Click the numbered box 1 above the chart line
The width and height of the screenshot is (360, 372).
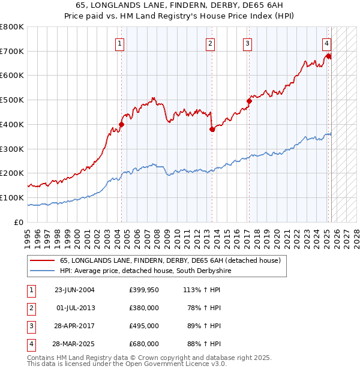click(x=121, y=43)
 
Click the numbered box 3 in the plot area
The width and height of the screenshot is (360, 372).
click(x=247, y=43)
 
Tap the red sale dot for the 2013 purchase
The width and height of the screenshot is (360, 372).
click(x=212, y=129)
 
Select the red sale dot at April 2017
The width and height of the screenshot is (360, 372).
click(x=249, y=101)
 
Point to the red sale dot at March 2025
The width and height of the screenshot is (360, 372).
click(x=328, y=56)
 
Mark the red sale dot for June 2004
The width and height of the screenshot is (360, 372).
click(x=121, y=124)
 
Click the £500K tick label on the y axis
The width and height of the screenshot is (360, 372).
click(x=11, y=100)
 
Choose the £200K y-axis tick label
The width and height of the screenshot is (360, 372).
click(x=11, y=173)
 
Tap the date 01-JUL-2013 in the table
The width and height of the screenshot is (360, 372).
click(x=75, y=308)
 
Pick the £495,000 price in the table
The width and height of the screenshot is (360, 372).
click(x=143, y=326)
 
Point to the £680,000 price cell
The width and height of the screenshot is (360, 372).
click(x=143, y=344)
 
